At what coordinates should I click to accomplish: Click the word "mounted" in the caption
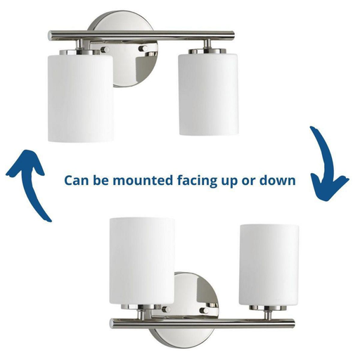point(143,181)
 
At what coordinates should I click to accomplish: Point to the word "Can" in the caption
point(76,181)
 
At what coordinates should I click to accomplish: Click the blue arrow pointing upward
point(27,184)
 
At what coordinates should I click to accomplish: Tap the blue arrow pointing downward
point(328,164)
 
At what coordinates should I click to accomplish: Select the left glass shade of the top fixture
point(81,98)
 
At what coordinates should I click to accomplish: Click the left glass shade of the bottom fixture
point(142,261)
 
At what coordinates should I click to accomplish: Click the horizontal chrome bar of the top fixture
point(141,35)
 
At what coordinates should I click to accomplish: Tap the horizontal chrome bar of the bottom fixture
point(202,323)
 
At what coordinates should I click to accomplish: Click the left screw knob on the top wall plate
point(105,49)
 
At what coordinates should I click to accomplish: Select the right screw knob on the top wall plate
point(143,49)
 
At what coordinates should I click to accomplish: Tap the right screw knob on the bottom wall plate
point(204,311)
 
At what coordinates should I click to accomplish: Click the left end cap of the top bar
point(50,36)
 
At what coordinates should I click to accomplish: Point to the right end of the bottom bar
point(293,323)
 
